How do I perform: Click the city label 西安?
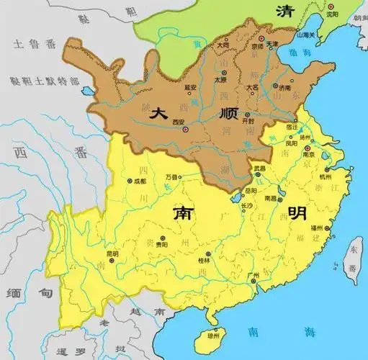(179, 122)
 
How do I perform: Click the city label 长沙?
(246, 206)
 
